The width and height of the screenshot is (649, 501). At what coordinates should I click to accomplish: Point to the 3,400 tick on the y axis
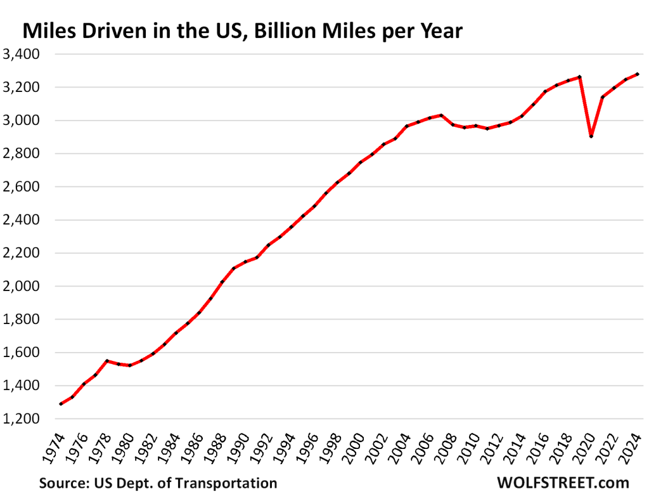22,54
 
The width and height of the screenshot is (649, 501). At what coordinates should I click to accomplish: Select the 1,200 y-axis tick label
22,419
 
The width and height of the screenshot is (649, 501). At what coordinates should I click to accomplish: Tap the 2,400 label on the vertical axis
22,220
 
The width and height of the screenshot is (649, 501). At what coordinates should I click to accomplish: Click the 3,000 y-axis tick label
22,120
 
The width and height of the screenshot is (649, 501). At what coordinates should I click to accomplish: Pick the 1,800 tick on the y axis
22,320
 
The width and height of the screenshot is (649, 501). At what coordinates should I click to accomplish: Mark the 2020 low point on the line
591,136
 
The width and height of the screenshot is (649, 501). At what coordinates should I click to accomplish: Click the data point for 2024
637,74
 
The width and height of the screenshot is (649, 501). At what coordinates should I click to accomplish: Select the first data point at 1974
61,404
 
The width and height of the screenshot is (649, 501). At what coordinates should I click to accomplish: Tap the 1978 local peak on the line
107,361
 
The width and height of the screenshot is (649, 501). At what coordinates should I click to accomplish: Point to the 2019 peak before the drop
579,77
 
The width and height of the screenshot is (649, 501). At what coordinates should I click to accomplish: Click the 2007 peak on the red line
441,115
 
